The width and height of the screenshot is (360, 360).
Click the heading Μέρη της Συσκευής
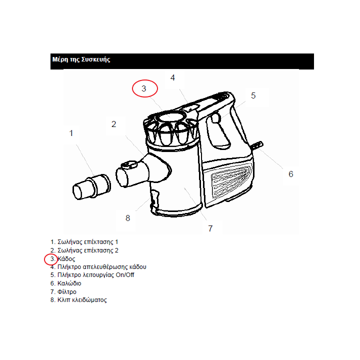(81, 59)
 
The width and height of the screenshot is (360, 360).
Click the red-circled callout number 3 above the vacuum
(144, 88)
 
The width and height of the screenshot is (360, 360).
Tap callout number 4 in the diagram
(172, 77)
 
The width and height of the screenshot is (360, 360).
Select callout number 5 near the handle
(253, 95)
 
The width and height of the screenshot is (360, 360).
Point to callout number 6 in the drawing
(290, 174)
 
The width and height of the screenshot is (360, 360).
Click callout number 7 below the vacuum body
(210, 228)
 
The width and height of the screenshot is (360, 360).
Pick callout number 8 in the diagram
(128, 218)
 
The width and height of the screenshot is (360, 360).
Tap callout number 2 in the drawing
(113, 124)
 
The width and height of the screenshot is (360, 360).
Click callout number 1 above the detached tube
(71, 133)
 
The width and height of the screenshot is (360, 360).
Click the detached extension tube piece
(91, 187)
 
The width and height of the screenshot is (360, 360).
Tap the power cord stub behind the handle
(257, 145)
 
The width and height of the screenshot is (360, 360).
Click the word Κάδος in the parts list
(66, 259)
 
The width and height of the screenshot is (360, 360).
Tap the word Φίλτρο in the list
(67, 292)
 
